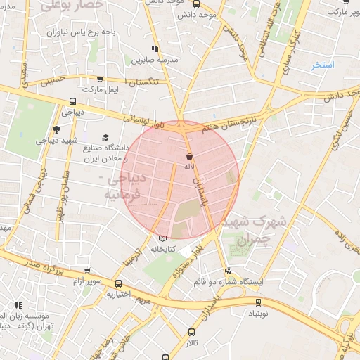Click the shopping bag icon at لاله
[x=188, y=156]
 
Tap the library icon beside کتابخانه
[x=164, y=238]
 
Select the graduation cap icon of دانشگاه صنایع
[x=105, y=138]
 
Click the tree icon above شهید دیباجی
[x=56, y=129]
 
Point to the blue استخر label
[x=324, y=65]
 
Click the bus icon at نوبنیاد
[x=258, y=302]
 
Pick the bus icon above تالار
[x=191, y=330]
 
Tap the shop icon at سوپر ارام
[x=86, y=271]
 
